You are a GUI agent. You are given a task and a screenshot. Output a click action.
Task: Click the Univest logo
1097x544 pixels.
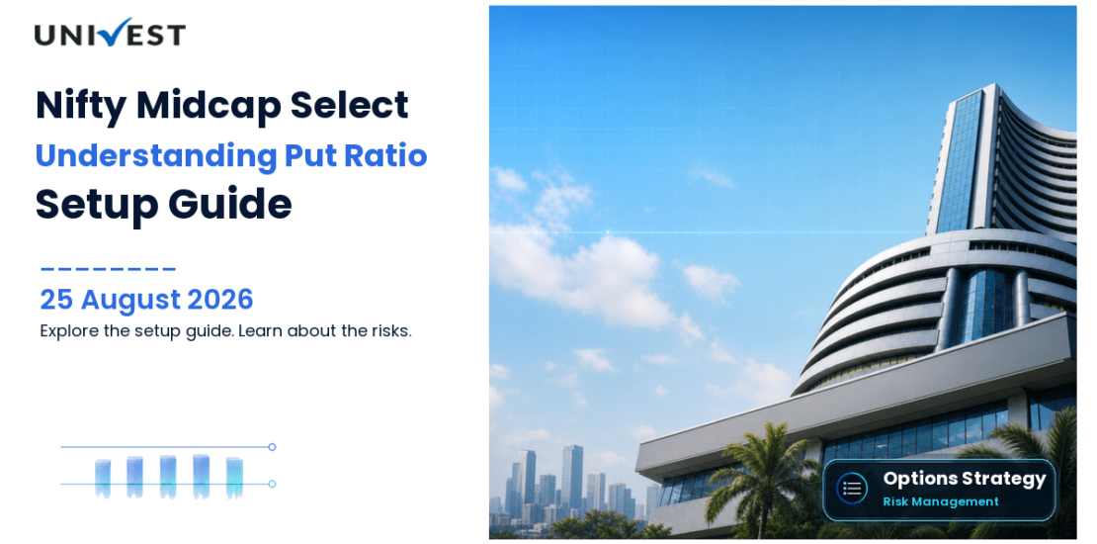(x=110, y=33)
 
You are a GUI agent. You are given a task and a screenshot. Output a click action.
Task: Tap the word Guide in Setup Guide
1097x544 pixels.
(x=229, y=204)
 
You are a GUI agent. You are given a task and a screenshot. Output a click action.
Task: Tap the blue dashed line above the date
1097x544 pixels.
(x=108, y=268)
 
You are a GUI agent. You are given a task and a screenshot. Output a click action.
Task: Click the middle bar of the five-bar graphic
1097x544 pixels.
(x=168, y=477)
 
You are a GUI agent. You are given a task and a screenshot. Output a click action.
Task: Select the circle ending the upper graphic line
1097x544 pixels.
(x=272, y=447)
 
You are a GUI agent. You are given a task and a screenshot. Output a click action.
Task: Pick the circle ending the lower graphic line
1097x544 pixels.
(x=272, y=484)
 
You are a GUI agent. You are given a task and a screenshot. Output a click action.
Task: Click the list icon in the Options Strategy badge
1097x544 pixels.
(x=852, y=489)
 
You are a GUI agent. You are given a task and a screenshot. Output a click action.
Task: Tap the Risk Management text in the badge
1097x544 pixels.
(x=940, y=501)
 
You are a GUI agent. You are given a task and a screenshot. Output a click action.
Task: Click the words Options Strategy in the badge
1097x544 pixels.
(x=964, y=480)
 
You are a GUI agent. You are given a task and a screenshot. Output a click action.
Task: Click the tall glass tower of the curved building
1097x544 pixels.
(x=964, y=162)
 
